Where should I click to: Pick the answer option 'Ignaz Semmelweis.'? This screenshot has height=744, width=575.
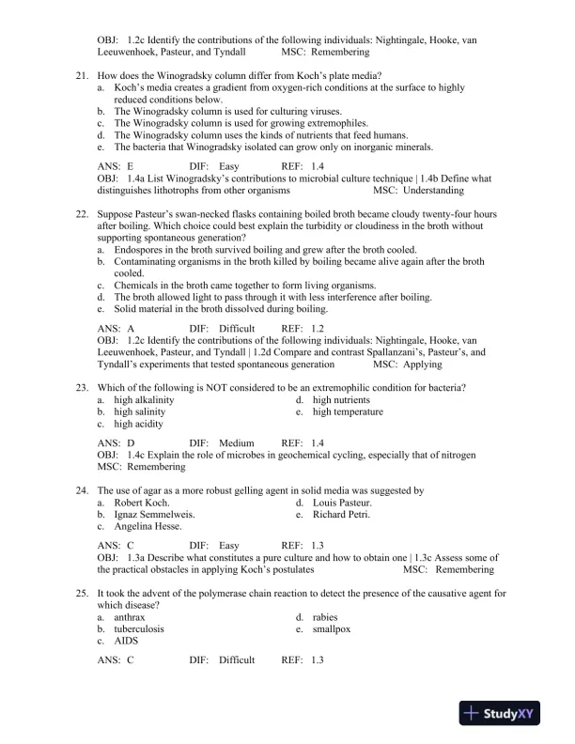(x=154, y=515)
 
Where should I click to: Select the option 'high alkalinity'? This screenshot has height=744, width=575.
(x=144, y=400)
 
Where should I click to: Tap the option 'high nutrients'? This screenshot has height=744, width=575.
(x=343, y=400)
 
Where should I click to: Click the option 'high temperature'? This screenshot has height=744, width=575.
(x=348, y=411)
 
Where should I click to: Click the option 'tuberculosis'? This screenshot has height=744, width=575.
(x=141, y=629)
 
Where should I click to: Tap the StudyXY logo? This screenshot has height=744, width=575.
(x=506, y=714)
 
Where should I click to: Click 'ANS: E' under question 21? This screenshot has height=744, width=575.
(x=116, y=166)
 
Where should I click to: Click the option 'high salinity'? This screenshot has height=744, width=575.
(x=140, y=411)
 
